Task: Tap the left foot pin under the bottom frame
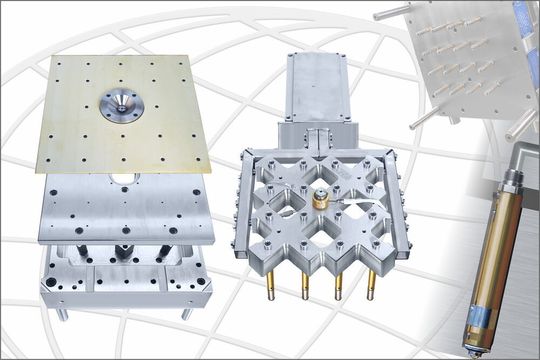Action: (63, 313)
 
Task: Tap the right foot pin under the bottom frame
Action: (186, 313)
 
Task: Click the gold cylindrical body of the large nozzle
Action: (496, 250)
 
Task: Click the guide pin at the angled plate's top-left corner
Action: (390, 11)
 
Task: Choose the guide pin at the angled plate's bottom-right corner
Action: (520, 126)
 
